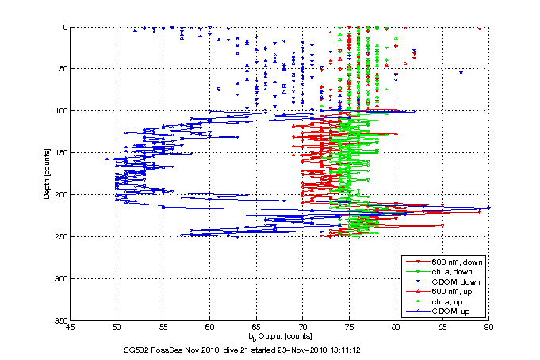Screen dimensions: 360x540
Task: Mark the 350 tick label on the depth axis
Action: tap(60, 320)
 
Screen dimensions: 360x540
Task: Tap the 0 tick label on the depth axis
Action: tap(64, 28)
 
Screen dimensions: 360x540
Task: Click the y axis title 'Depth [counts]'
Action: tap(47, 174)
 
